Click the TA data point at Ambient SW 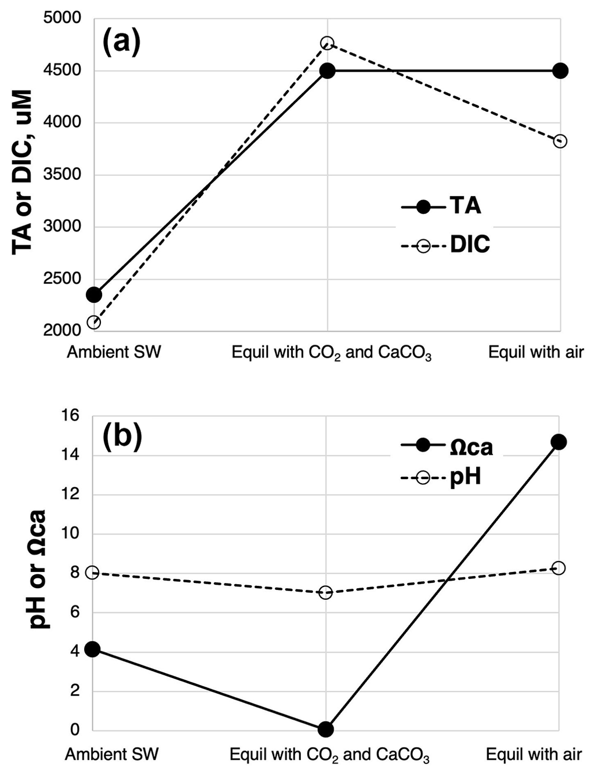(94, 295)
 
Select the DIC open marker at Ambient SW (94, 322)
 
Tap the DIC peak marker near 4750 (327, 43)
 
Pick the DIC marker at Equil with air (560, 141)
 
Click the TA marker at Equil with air (560, 71)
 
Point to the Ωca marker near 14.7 (559, 442)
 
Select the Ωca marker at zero (326, 729)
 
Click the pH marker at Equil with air (559, 568)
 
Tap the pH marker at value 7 (326, 592)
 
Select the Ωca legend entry (446, 446)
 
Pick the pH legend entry (441, 478)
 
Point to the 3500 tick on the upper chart (63, 175)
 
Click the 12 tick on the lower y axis (73, 495)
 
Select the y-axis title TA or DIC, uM (23, 172)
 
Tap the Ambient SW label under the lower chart (112, 755)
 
